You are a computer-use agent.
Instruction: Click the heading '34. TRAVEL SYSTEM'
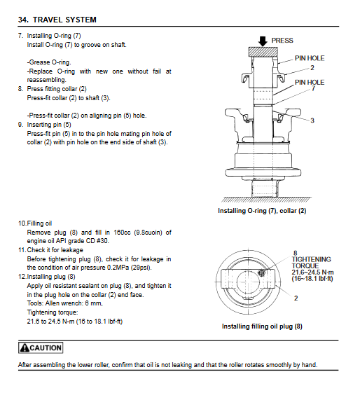(57, 20)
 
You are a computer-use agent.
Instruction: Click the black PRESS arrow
(263, 41)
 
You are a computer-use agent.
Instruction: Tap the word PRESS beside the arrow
(282, 41)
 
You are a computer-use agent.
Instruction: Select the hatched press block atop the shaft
(263, 52)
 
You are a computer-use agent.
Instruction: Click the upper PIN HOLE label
(310, 58)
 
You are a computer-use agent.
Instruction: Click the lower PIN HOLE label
(310, 82)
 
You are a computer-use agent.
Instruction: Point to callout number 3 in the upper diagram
(312, 120)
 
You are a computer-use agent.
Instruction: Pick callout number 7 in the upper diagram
(313, 88)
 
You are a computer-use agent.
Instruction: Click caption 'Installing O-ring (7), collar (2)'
(262, 211)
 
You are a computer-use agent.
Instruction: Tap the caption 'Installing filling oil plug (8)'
(262, 326)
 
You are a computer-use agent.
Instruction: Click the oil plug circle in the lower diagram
(261, 273)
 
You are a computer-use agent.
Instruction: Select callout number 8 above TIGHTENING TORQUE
(295, 253)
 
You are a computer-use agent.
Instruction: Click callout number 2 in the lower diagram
(296, 298)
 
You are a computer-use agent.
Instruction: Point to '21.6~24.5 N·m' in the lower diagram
(312, 273)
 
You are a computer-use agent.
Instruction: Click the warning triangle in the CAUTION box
(25, 347)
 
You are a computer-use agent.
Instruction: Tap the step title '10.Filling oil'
(35, 223)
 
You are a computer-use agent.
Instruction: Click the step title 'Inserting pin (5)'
(49, 125)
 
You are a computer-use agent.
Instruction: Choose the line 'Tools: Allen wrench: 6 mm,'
(65, 303)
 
